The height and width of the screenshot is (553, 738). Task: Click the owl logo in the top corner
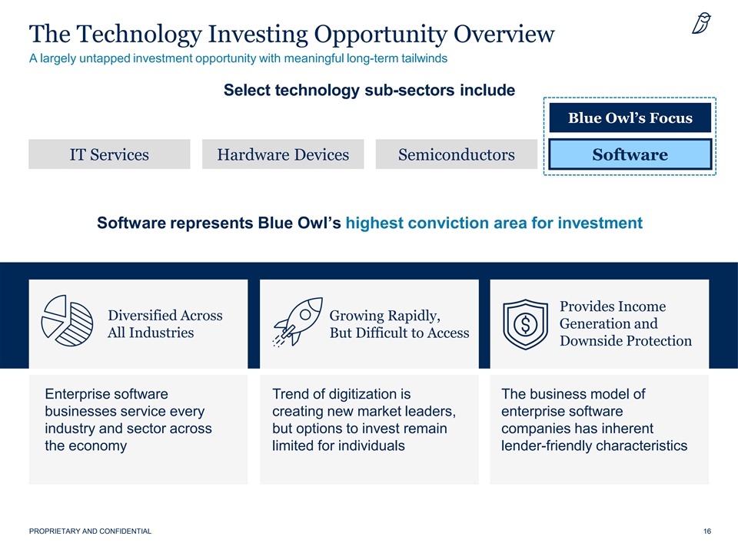point(701,24)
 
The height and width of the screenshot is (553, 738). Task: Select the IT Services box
point(109,154)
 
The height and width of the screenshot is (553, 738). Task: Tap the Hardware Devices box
point(283,154)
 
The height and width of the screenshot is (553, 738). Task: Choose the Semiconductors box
point(457,154)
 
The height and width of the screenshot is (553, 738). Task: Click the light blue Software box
point(630,154)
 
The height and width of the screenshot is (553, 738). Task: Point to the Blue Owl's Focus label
point(630,118)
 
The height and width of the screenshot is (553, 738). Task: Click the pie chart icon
point(68,321)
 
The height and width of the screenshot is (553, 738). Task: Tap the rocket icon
point(298,322)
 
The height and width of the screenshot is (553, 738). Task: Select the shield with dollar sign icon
point(525,324)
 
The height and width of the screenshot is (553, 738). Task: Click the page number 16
point(707,531)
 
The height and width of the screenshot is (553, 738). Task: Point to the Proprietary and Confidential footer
point(91,531)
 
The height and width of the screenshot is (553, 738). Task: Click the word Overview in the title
point(504,34)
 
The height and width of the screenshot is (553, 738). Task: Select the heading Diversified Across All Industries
point(165,323)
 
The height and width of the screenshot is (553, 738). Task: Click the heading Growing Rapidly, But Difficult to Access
point(399,323)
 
